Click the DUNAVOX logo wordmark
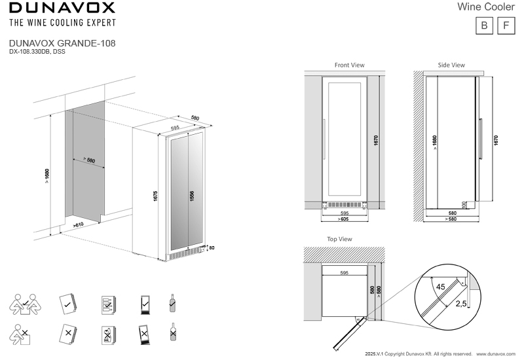point(62,7)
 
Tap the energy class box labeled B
point(484,26)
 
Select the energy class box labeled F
point(506,26)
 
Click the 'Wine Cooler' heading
point(486,7)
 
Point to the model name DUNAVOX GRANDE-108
point(62,43)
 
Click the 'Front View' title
point(350,65)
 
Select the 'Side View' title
point(451,65)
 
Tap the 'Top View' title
point(339,239)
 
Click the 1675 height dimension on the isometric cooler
point(155,196)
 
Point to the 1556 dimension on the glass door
point(192,196)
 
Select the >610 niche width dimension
point(78,225)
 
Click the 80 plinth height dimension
point(212,248)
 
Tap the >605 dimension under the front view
point(343,219)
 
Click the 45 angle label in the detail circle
point(440,287)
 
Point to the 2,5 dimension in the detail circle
point(461,304)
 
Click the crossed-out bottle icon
point(173,332)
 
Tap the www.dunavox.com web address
point(496,354)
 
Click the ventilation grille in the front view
point(345,205)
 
